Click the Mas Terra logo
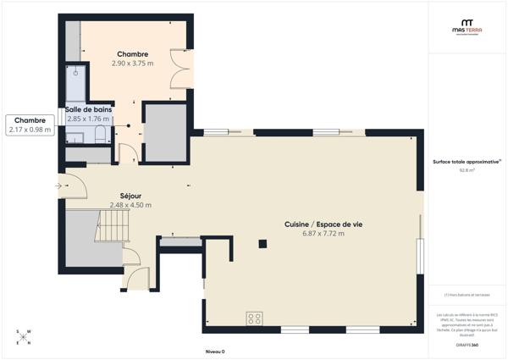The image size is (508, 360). click(x=467, y=27)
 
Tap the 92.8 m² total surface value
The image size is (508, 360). click(x=467, y=169)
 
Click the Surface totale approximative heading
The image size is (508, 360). click(x=467, y=161)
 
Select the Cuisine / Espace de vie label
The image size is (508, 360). click(x=312, y=224)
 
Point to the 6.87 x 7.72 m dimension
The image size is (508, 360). click(x=313, y=234)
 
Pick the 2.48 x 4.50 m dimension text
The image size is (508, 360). click(x=130, y=205)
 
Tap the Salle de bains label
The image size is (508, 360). click(x=87, y=109)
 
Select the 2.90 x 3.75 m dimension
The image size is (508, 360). click(x=132, y=64)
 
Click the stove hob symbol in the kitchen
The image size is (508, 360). click(x=254, y=318)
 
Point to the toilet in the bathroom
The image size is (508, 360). click(x=100, y=134)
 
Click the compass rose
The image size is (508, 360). click(x=25, y=337)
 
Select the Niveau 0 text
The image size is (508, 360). click(x=215, y=351)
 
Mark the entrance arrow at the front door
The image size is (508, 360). click(x=58, y=186)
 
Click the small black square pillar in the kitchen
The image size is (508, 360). click(x=263, y=245)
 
